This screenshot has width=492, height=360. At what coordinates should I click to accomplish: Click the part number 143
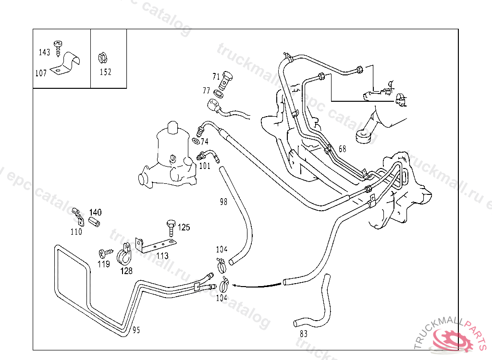tap(44, 52)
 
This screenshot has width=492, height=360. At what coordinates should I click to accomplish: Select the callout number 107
tap(41, 73)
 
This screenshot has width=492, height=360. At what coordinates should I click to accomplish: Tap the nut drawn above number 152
tap(102, 58)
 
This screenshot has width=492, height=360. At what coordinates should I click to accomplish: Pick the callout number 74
tap(205, 142)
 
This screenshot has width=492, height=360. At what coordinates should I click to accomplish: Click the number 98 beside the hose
tap(223, 202)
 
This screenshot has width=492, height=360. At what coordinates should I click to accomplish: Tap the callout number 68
tap(342, 149)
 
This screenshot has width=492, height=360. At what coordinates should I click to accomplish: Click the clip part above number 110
tap(77, 216)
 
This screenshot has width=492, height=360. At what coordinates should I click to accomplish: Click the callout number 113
tap(162, 255)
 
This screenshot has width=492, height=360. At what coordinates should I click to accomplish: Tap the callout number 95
tap(136, 330)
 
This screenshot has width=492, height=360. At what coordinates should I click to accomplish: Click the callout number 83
tap(303, 334)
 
